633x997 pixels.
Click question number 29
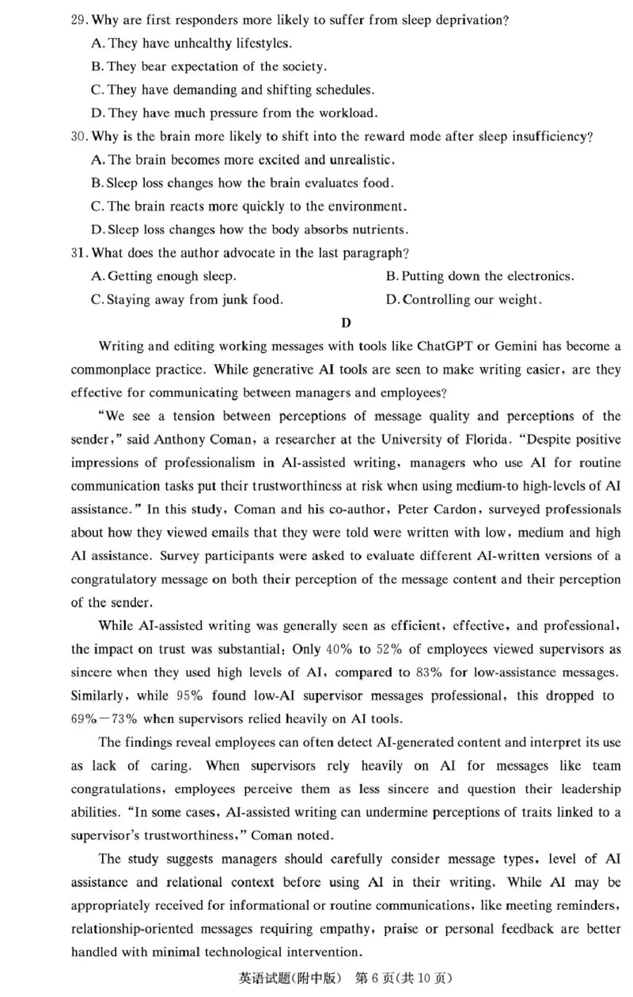78,20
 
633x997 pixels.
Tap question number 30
78,137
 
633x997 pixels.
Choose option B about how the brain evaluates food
242,184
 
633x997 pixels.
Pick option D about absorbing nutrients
250,230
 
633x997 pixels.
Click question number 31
78,253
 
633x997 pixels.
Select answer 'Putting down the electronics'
479,277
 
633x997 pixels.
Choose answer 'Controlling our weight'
464,301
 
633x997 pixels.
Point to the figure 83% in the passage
487,673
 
